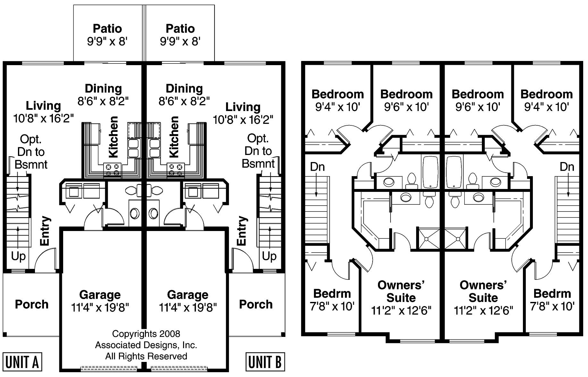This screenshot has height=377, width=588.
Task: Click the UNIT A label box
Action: (22, 362)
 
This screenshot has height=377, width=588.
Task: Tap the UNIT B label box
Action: (265, 362)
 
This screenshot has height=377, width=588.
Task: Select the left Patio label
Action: (107, 29)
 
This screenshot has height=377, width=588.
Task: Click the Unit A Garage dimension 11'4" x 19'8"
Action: (100, 307)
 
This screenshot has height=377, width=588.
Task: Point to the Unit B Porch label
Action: (256, 304)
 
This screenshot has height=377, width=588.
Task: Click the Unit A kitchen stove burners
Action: (112, 170)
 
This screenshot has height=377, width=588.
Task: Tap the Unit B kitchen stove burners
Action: (176, 170)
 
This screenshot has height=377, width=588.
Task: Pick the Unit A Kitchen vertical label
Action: (113, 137)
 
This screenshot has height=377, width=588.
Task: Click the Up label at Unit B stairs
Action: (269, 256)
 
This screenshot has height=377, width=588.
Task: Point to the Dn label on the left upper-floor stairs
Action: (317, 167)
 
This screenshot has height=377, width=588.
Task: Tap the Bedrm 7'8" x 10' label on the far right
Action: (552, 300)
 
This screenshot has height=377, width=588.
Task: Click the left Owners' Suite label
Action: (401, 298)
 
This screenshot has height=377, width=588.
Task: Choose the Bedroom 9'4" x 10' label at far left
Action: (338, 100)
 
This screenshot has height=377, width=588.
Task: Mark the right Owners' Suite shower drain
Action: (458, 239)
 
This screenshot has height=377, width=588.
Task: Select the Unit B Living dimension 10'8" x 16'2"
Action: (243, 120)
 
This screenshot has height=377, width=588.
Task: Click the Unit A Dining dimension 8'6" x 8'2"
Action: (103, 101)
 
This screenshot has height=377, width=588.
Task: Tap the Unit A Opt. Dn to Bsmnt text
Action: (31, 152)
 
